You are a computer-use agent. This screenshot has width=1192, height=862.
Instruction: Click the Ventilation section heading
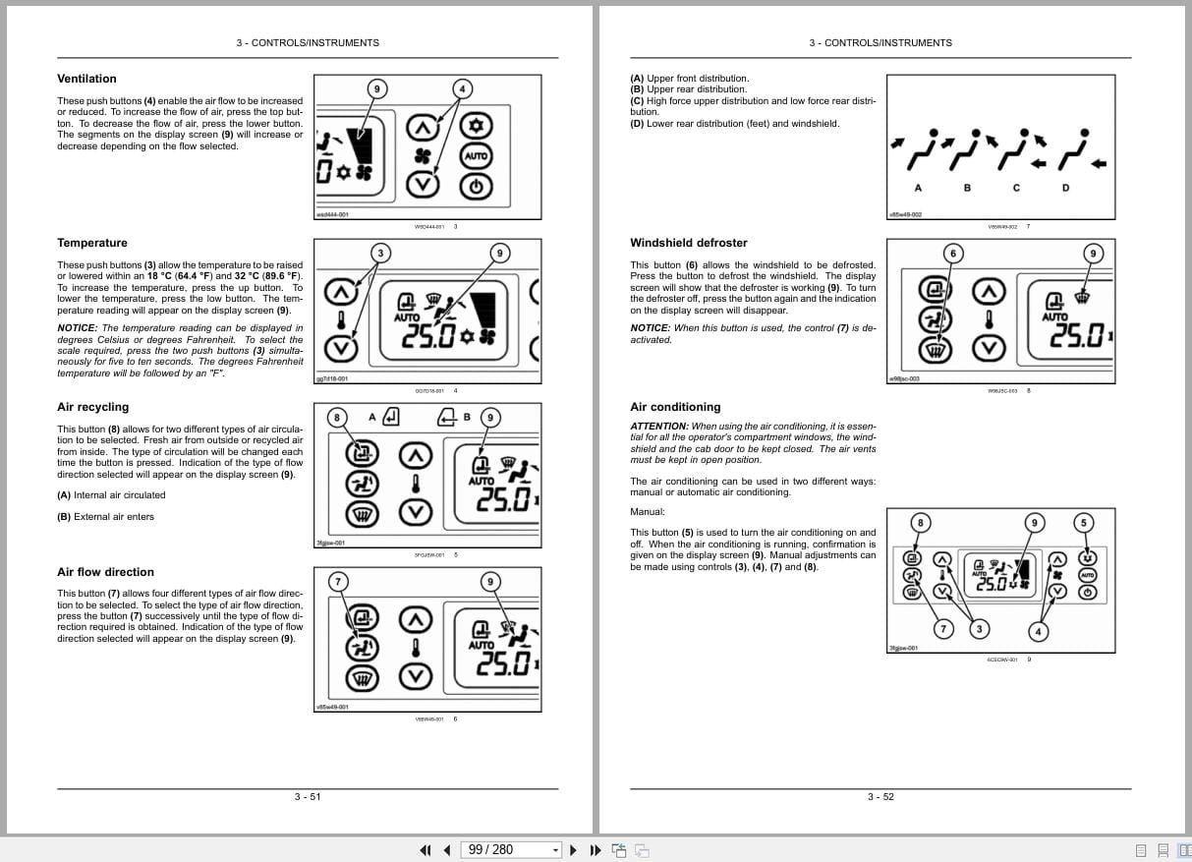(x=86, y=79)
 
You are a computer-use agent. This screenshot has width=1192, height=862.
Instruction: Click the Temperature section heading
(x=92, y=243)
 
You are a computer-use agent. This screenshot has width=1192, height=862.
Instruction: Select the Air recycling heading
(x=92, y=407)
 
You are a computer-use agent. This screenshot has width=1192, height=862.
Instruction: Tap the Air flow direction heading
(x=105, y=572)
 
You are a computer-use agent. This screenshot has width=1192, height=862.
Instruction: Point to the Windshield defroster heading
(x=688, y=243)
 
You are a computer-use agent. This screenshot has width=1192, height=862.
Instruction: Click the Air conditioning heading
(x=675, y=407)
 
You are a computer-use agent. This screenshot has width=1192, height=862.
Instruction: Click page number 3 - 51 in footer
(x=308, y=797)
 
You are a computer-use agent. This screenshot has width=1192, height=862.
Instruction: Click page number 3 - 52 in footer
(x=880, y=797)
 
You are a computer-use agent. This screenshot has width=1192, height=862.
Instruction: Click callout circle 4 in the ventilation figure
(x=460, y=89)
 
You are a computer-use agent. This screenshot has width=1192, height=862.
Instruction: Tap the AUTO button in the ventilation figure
(x=477, y=156)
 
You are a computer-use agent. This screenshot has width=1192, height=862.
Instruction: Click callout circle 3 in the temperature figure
(x=380, y=254)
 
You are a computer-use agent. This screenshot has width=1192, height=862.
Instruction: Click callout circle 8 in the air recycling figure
(x=337, y=418)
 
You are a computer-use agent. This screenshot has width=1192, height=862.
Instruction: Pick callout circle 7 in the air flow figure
(x=337, y=582)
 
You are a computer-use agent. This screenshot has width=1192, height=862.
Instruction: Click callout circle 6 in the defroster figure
(x=951, y=254)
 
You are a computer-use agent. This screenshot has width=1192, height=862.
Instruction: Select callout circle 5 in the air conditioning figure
(x=1084, y=522)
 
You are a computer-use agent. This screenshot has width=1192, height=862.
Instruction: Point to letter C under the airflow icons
(x=1016, y=188)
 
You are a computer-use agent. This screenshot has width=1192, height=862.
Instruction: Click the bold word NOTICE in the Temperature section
(x=77, y=328)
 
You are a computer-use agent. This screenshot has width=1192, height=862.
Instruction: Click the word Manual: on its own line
(x=648, y=511)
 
